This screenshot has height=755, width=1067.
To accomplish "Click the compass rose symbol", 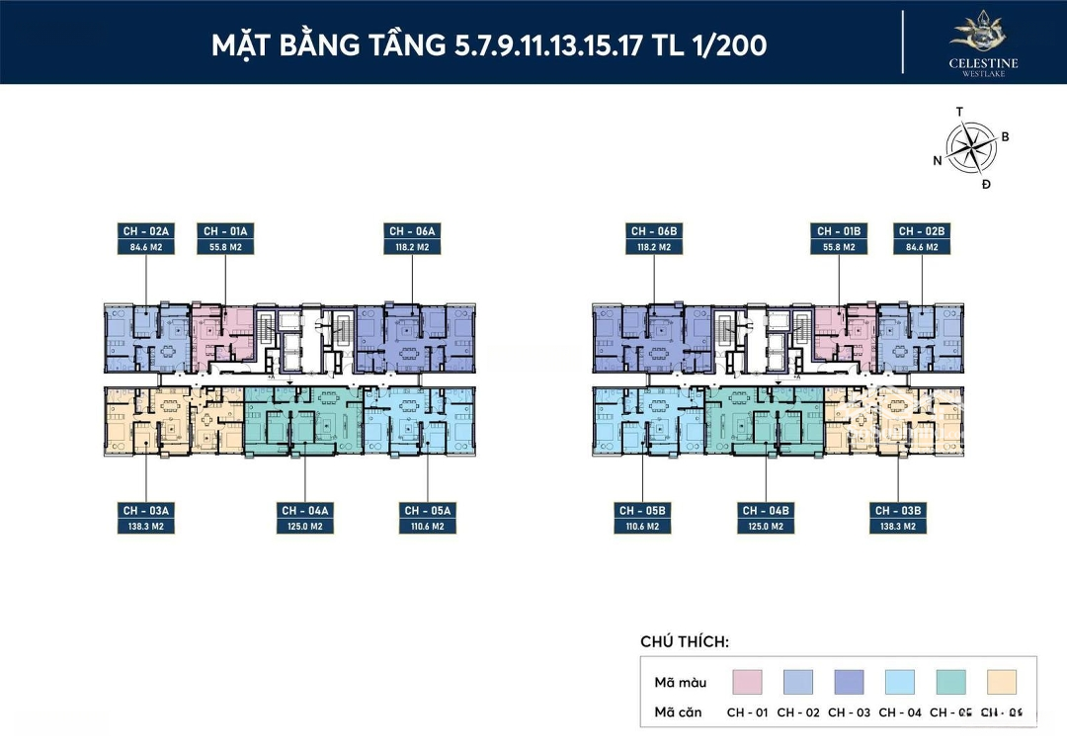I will point(971,147).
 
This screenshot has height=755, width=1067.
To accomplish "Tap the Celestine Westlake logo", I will point(983,42).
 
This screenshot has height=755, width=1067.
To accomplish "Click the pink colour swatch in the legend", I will point(748,682).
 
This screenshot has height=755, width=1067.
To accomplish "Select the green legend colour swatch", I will point(950,682).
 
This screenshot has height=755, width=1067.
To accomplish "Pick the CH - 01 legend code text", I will point(748,713).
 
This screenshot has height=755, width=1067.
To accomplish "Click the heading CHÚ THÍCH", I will point(685,642).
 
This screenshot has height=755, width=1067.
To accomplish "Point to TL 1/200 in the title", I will point(712,45).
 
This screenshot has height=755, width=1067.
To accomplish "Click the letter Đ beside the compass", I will point(986,185).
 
